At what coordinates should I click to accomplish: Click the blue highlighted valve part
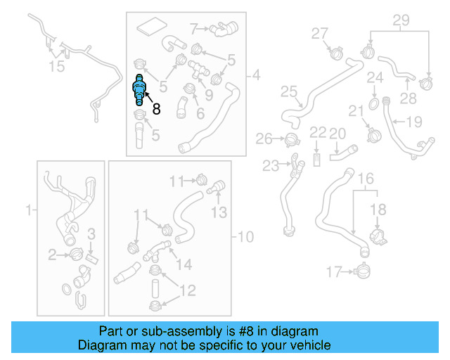(x=141, y=90)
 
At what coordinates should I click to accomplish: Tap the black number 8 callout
(x=155, y=109)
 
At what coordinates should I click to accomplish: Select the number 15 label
(x=56, y=67)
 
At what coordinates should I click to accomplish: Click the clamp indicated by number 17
(x=363, y=269)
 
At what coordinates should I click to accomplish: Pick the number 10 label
(x=246, y=236)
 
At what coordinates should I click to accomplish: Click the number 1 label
(x=29, y=209)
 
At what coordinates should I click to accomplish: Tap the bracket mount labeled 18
(x=378, y=238)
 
